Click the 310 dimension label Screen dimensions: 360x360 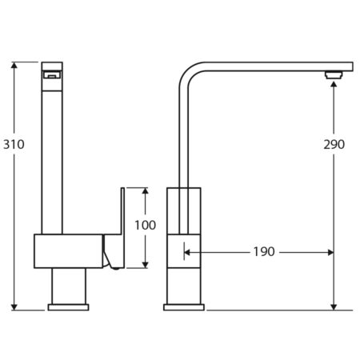coord(14,144)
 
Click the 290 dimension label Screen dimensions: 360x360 coord(334,144)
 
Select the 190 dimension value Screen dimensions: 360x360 coord(264,252)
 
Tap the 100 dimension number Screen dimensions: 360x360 coord(145,225)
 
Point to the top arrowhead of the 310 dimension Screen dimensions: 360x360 coord(14,65)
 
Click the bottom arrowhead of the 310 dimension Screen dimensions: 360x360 coord(14,307)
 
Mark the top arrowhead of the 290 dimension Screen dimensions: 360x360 coord(334,84)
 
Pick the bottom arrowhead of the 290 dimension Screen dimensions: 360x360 coord(334,307)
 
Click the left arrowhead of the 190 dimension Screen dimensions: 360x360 coord(187,252)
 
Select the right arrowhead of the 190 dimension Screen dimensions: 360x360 coord(330,252)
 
